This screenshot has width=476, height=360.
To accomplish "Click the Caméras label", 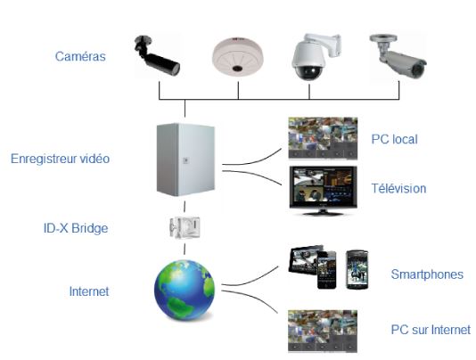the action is click(80, 56).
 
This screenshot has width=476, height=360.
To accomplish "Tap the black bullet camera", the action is click(157, 56).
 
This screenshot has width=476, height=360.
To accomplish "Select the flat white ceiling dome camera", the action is click(238, 56).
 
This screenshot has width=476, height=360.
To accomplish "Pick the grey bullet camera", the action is click(398, 56).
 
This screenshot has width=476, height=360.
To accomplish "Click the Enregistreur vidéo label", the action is click(60, 159).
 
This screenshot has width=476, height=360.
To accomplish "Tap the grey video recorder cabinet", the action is click(185, 160).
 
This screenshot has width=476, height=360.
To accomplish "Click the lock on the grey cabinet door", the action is click(185, 160).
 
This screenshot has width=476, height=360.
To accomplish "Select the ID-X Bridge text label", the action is click(76, 228).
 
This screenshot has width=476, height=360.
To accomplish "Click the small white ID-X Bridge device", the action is click(185, 227).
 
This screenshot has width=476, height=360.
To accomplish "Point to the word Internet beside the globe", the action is click(89, 291).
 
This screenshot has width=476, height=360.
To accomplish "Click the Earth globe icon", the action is click(185, 290).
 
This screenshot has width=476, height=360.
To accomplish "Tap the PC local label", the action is click(394, 139).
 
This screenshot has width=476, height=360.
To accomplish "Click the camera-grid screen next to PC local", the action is click(323, 138).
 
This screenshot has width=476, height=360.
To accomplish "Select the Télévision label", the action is click(398, 189).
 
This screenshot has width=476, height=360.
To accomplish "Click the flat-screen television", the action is click(323, 191).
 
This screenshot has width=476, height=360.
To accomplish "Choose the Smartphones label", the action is click(427, 274).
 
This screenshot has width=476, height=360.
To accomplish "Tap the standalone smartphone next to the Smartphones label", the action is click(357, 269).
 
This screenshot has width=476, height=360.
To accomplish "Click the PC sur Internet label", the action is click(431, 330).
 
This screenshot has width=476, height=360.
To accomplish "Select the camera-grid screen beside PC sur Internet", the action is click(323, 331).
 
